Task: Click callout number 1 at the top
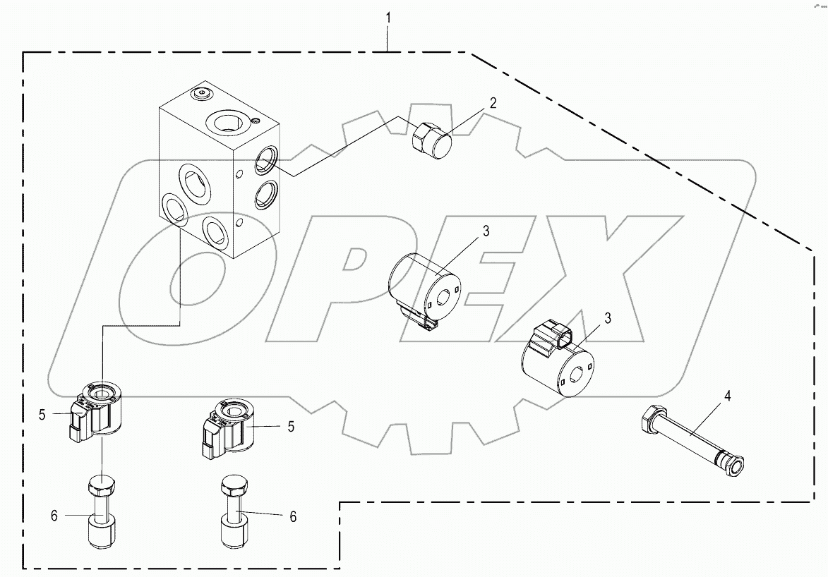(x=387, y=17)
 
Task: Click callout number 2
(x=493, y=103)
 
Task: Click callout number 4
(x=727, y=396)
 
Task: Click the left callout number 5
(x=42, y=415)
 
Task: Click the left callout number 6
(x=54, y=516)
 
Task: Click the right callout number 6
(x=292, y=517)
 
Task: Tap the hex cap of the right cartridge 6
(x=234, y=487)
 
